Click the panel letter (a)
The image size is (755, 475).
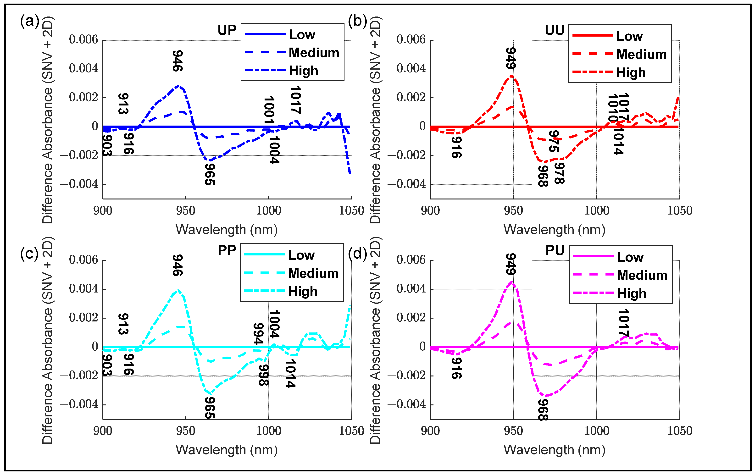click(x=29, y=21)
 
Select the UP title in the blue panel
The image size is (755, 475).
click(x=227, y=30)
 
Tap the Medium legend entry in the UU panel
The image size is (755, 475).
click(x=641, y=54)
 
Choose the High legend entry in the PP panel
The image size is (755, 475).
click(x=303, y=291)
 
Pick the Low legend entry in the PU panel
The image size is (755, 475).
click(x=630, y=257)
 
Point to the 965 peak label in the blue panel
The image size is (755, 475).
click(x=210, y=174)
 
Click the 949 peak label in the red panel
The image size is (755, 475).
click(x=511, y=58)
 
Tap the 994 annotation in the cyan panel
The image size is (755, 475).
click(x=258, y=334)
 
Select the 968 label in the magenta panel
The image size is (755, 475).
click(x=543, y=409)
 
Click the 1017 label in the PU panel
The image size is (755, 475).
click(x=623, y=323)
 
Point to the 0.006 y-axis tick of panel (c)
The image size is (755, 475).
click(x=83, y=260)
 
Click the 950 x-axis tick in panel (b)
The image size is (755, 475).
click(x=513, y=210)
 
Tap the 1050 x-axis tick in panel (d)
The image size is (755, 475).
click(x=679, y=431)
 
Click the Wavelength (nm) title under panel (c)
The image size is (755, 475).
click(x=226, y=450)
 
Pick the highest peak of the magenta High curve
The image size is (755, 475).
click(x=512, y=282)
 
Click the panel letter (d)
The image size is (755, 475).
click(x=357, y=253)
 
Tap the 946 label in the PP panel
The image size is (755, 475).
click(x=178, y=265)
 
